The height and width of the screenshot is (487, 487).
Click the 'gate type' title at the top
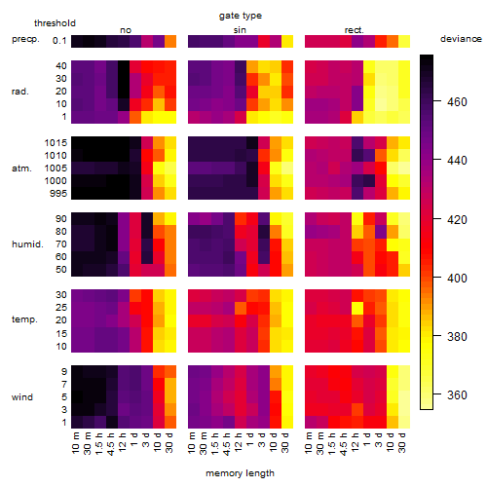coord(241,16)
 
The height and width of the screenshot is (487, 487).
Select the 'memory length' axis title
coord(240,473)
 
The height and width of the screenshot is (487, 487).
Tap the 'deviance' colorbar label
coord(461,39)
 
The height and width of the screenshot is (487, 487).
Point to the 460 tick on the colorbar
coord(457,102)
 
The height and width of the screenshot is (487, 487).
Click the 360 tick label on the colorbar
coord(457,395)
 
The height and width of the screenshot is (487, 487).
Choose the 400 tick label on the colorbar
coord(457,279)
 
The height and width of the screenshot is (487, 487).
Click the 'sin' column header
coord(240,30)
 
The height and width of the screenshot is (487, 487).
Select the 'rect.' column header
coord(355,30)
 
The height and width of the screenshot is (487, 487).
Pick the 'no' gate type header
coord(126,30)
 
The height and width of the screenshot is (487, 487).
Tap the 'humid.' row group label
coord(27,244)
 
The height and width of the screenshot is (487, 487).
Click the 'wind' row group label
coord(22,397)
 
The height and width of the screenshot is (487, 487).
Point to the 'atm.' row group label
coord(21,169)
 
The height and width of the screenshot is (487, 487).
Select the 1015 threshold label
coord(56,143)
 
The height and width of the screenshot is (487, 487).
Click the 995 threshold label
coord(58,194)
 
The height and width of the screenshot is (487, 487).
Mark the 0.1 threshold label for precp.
coord(59,41)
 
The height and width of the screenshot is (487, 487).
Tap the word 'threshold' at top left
coord(55,23)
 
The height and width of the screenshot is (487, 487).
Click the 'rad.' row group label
coord(20,92)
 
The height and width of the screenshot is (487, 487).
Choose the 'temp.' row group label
coord(24,319)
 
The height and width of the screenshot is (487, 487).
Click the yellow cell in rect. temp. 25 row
coord(357,308)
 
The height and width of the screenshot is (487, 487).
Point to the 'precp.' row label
coord(25,39)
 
